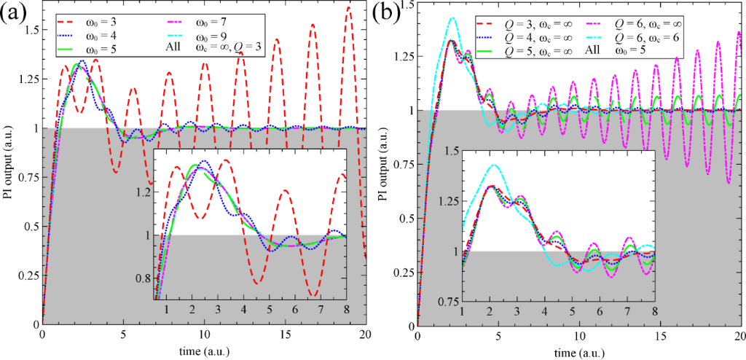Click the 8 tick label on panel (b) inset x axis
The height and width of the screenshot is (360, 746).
pyautogui.click(x=654, y=309)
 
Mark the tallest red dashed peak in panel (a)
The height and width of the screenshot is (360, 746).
pyautogui.click(x=349, y=8)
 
